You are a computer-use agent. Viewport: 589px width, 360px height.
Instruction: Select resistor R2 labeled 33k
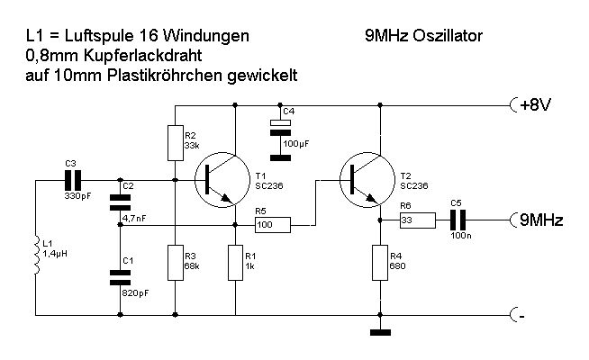(175, 141)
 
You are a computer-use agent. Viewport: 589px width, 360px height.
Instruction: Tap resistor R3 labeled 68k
(175, 262)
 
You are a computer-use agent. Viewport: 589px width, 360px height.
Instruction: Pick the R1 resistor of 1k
(235, 262)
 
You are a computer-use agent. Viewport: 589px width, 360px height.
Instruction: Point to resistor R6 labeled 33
(417, 219)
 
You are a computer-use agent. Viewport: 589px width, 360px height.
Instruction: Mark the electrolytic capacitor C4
(281, 131)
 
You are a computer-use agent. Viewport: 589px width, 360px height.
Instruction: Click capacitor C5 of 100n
(458, 219)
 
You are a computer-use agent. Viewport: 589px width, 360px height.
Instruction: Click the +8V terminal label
(536, 105)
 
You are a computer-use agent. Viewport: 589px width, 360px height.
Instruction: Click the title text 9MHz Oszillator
(422, 36)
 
